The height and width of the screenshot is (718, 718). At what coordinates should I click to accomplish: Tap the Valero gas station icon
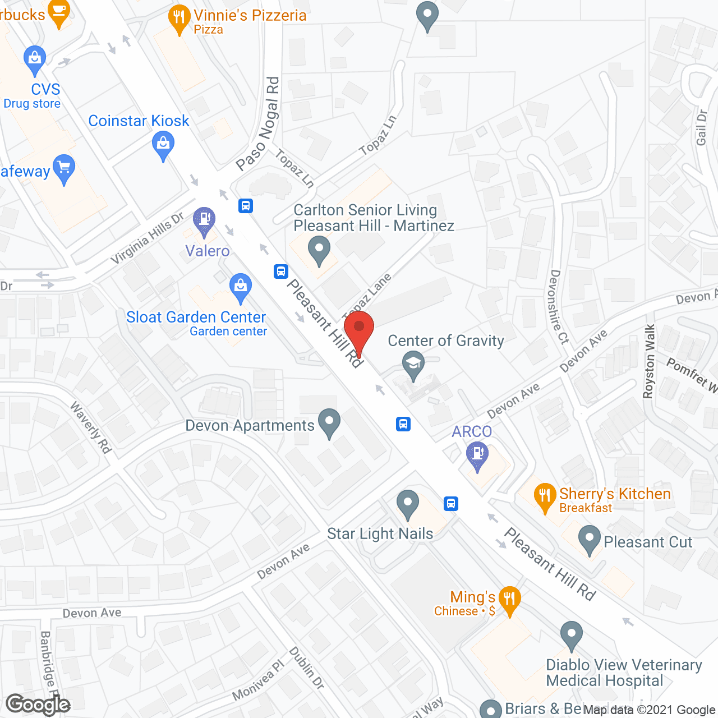[204, 220]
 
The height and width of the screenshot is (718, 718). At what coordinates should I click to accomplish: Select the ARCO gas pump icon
[477, 455]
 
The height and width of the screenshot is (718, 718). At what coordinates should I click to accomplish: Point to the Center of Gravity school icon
[413, 363]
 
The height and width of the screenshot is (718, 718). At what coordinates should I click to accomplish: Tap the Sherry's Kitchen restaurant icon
[544, 496]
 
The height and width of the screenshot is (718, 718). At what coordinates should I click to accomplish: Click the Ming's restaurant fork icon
[509, 600]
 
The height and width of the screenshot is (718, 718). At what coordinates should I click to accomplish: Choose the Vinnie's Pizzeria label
[250, 16]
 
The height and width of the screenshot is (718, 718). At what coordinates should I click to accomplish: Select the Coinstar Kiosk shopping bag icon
[163, 144]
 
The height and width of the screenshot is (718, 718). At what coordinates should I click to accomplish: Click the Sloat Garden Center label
[196, 317]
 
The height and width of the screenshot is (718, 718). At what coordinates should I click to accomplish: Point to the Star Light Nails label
[380, 534]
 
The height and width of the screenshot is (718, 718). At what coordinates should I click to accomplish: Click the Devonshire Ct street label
[559, 306]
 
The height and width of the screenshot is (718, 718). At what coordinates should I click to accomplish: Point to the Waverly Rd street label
[90, 427]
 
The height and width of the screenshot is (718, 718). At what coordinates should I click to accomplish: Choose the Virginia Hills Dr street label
[147, 238]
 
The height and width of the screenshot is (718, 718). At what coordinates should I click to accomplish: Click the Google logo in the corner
[38, 705]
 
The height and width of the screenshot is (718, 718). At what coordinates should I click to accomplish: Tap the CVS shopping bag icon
[35, 59]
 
